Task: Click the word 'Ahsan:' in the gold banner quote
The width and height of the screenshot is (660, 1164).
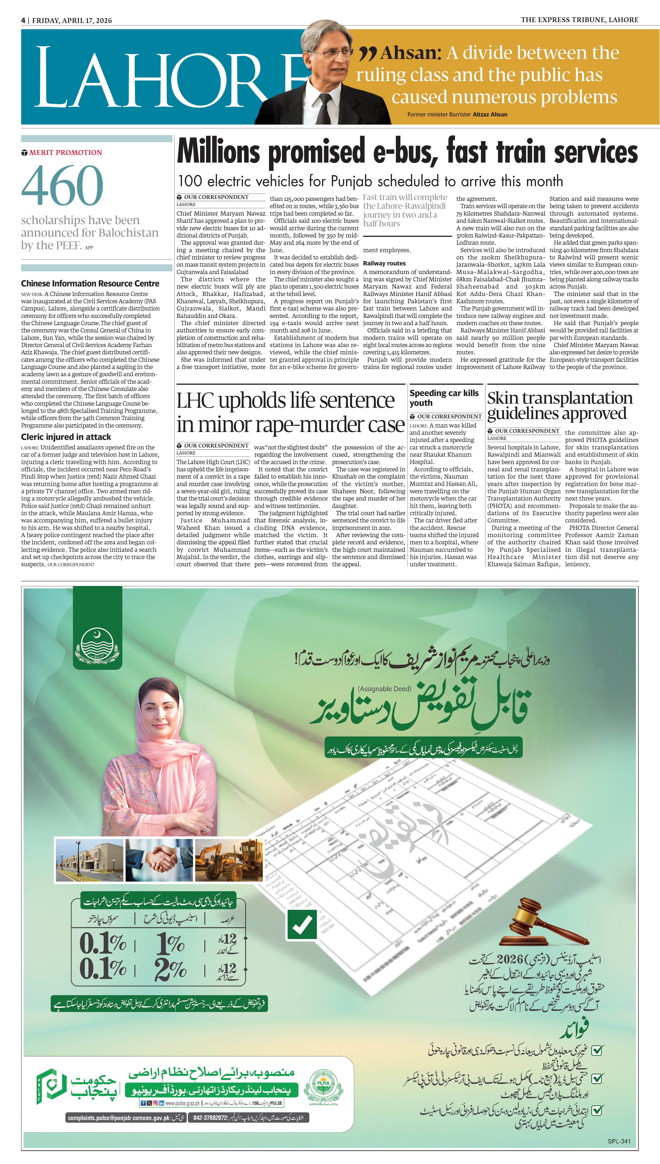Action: tap(410, 53)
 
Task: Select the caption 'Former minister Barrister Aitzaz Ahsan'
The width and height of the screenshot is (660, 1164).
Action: tap(457, 115)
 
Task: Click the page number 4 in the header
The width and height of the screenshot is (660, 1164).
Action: tap(23, 20)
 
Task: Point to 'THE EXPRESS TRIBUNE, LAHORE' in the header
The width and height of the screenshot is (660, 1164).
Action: tap(579, 20)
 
